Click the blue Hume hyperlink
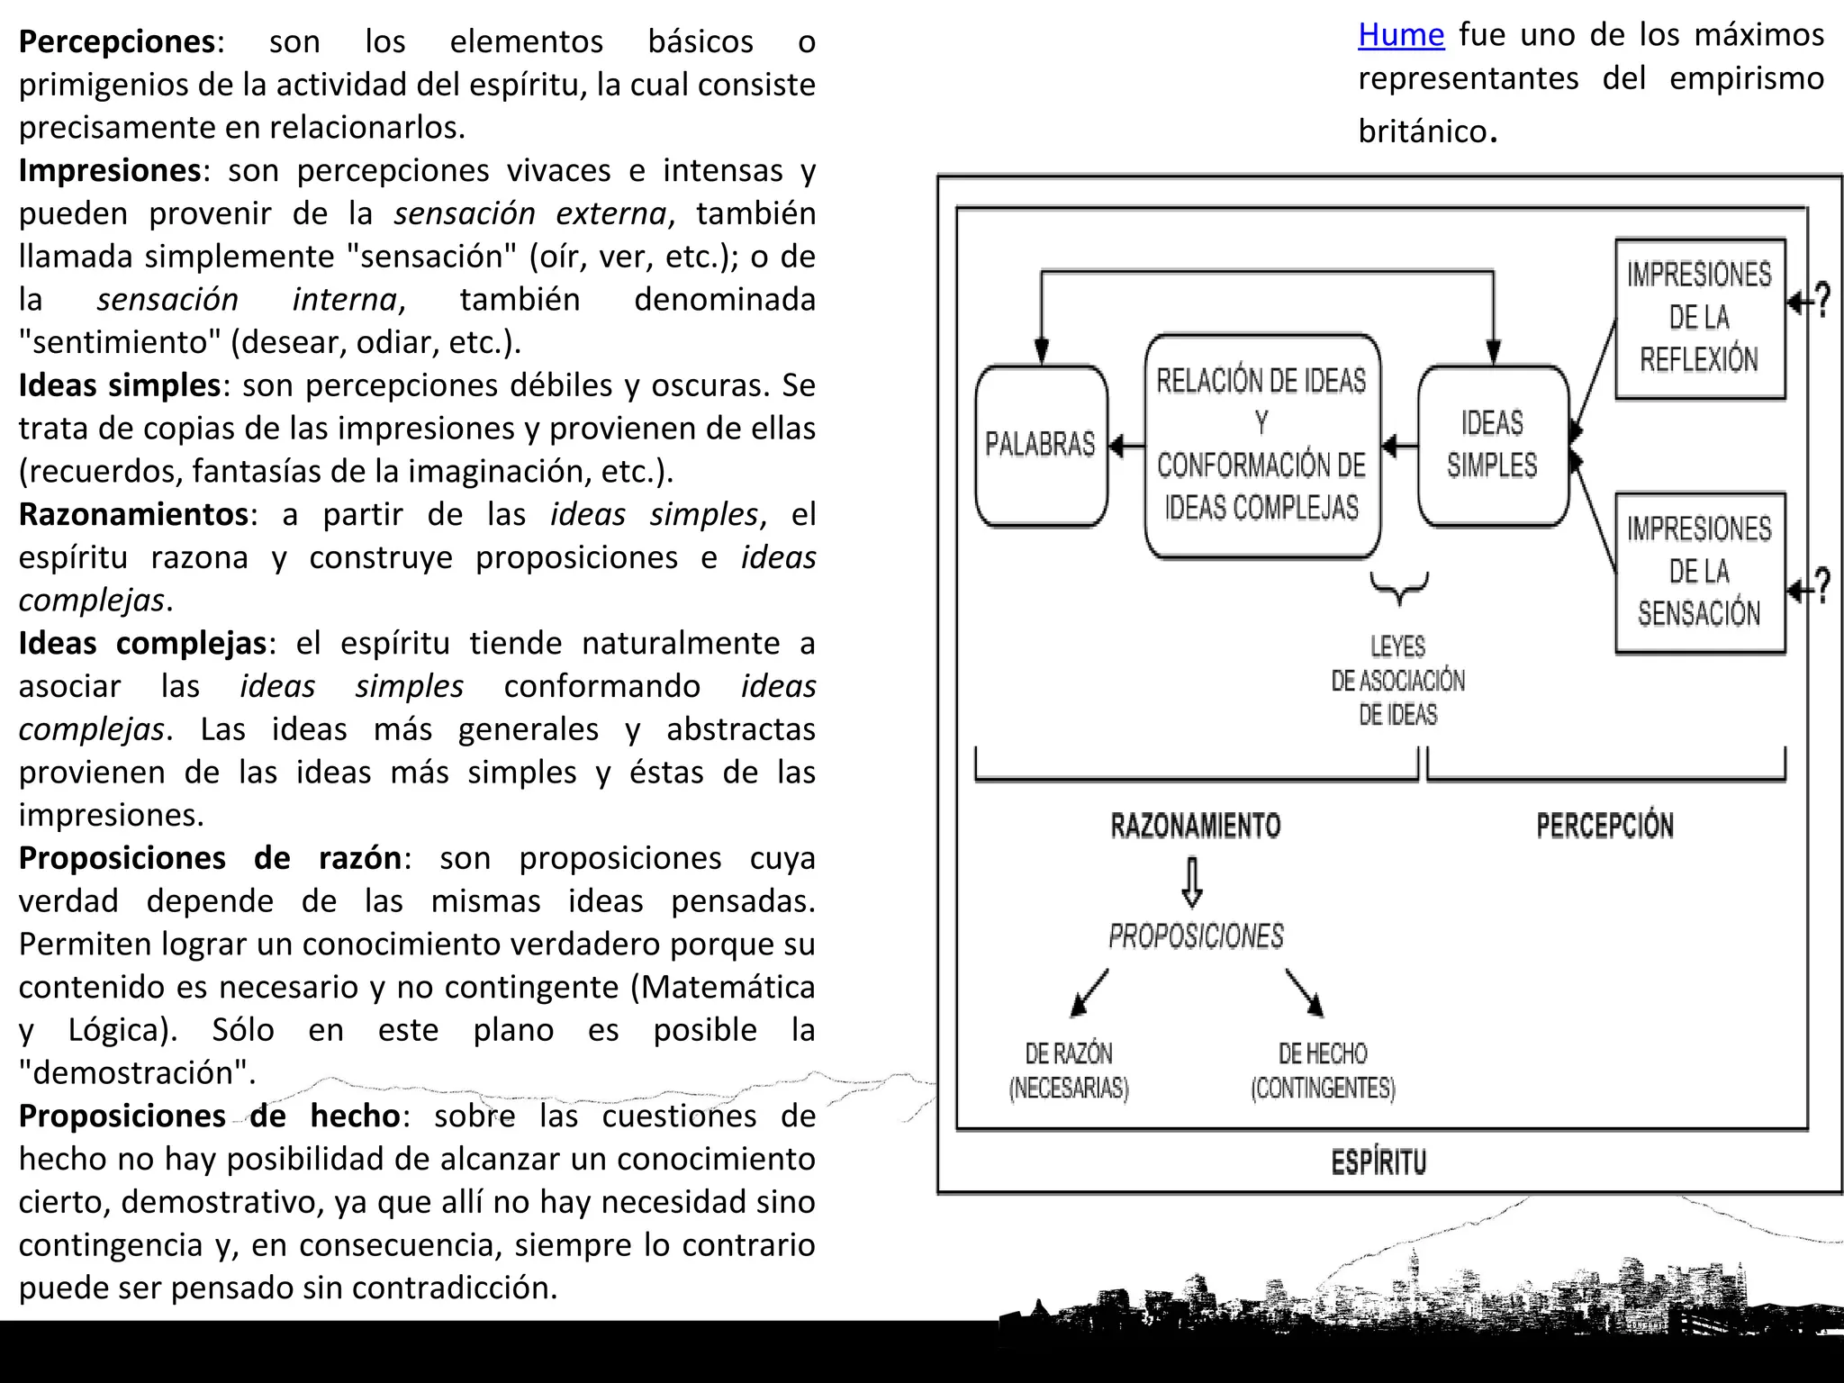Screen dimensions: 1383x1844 tap(1400, 35)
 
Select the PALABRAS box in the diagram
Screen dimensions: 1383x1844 tap(1041, 445)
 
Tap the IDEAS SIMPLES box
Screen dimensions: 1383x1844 tap(1492, 445)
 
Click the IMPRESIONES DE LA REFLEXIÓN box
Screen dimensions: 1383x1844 tap(1699, 318)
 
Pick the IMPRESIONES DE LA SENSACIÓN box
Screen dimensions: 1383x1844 tap(1699, 572)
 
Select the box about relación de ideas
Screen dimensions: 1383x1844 tap(1261, 445)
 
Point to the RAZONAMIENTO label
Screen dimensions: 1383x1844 tap(1195, 826)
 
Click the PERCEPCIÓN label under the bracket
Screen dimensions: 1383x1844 tap(1604, 826)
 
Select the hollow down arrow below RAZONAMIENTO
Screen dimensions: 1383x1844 tap(1192, 881)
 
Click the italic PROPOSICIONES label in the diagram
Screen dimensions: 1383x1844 tap(1196, 936)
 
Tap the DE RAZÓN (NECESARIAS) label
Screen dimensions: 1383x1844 tap(1069, 1071)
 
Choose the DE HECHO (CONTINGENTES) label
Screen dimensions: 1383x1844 tap(1323, 1071)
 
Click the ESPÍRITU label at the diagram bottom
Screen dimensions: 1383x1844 tap(1378, 1162)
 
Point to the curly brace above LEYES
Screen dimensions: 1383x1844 tap(1398, 588)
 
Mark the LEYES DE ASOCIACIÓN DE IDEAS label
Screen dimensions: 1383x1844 tap(1397, 681)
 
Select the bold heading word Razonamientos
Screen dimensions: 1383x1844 tap(133, 515)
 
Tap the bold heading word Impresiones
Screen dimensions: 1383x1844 tap(110, 171)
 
